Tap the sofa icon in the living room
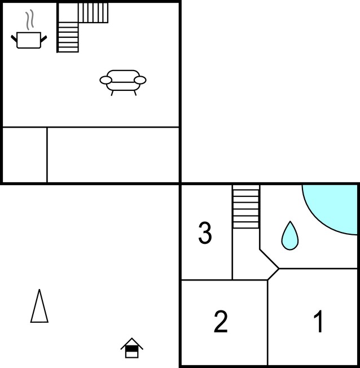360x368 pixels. (x=123, y=82)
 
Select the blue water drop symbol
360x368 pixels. (x=290, y=235)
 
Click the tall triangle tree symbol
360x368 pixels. (x=39, y=306)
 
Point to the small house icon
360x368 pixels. (x=131, y=348)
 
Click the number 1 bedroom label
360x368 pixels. (x=318, y=321)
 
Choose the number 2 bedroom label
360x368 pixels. (x=221, y=321)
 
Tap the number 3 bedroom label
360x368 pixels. (x=205, y=233)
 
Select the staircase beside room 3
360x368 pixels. (x=246, y=207)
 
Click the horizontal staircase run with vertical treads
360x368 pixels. (x=93, y=12)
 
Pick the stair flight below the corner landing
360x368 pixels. (x=68, y=37)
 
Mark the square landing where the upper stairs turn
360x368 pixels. (x=68, y=12)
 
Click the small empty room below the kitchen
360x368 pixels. (x=25, y=155)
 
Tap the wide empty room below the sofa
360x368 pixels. (x=113, y=155)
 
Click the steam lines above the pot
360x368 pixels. (x=30, y=20)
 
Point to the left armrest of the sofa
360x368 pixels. (x=106, y=80)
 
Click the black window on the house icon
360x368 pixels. (x=131, y=348)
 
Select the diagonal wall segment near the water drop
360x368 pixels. (x=269, y=259)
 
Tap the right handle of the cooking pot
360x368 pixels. (x=43, y=39)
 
